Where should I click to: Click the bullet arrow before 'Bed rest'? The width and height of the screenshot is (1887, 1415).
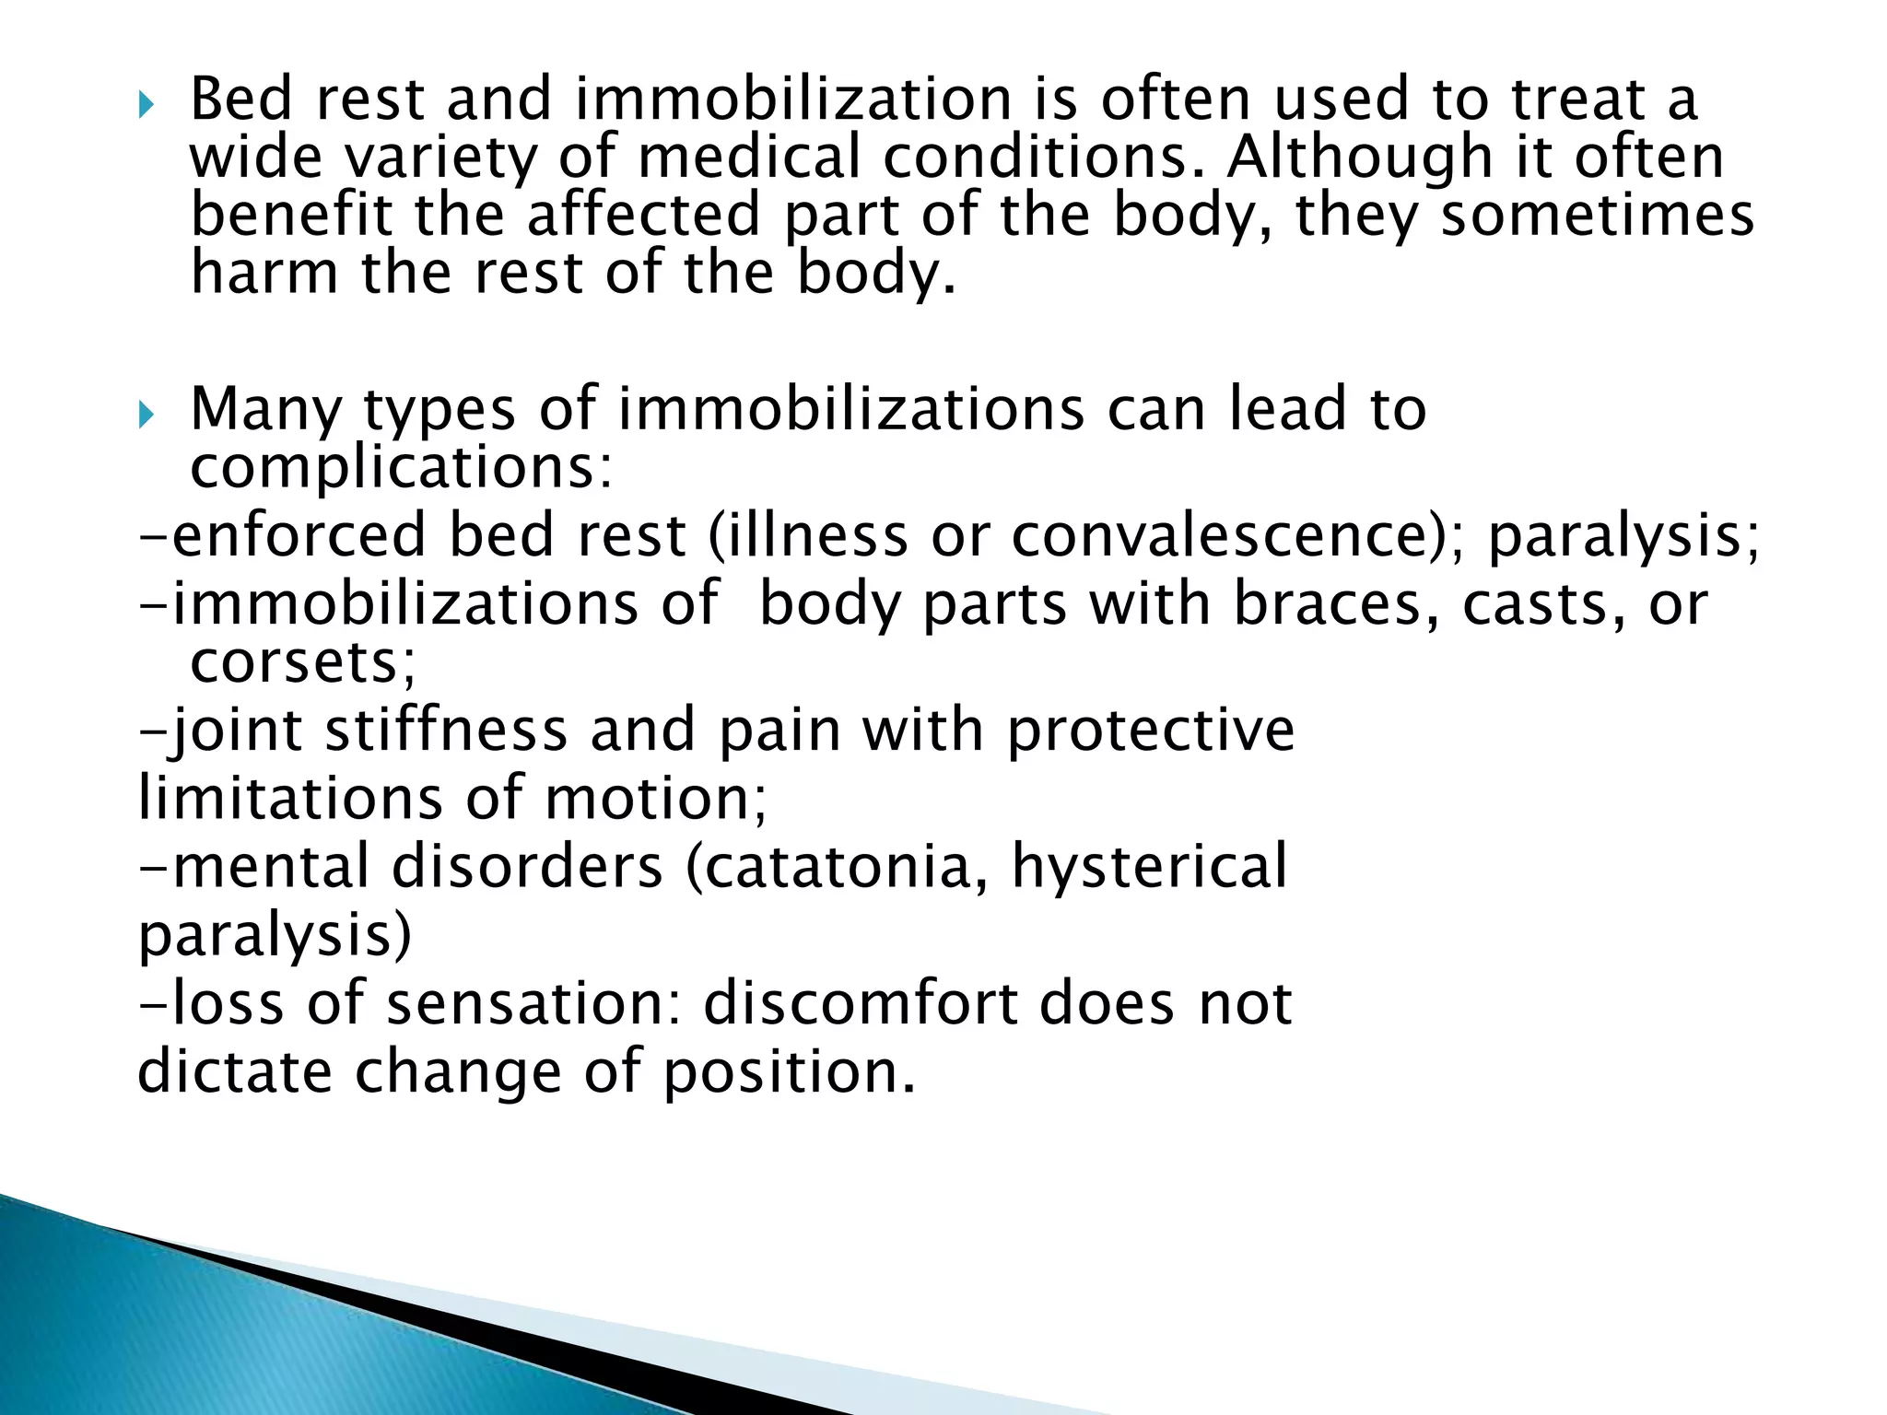[147, 107]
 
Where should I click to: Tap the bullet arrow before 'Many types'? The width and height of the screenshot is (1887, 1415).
[147, 416]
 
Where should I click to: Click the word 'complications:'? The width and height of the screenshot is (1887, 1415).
[401, 468]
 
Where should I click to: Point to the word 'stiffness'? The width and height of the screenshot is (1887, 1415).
[446, 731]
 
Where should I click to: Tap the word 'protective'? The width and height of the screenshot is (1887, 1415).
[1151, 731]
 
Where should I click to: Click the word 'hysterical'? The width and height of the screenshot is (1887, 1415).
[1150, 867]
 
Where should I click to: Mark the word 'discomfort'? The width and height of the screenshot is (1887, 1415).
[860, 1003]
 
